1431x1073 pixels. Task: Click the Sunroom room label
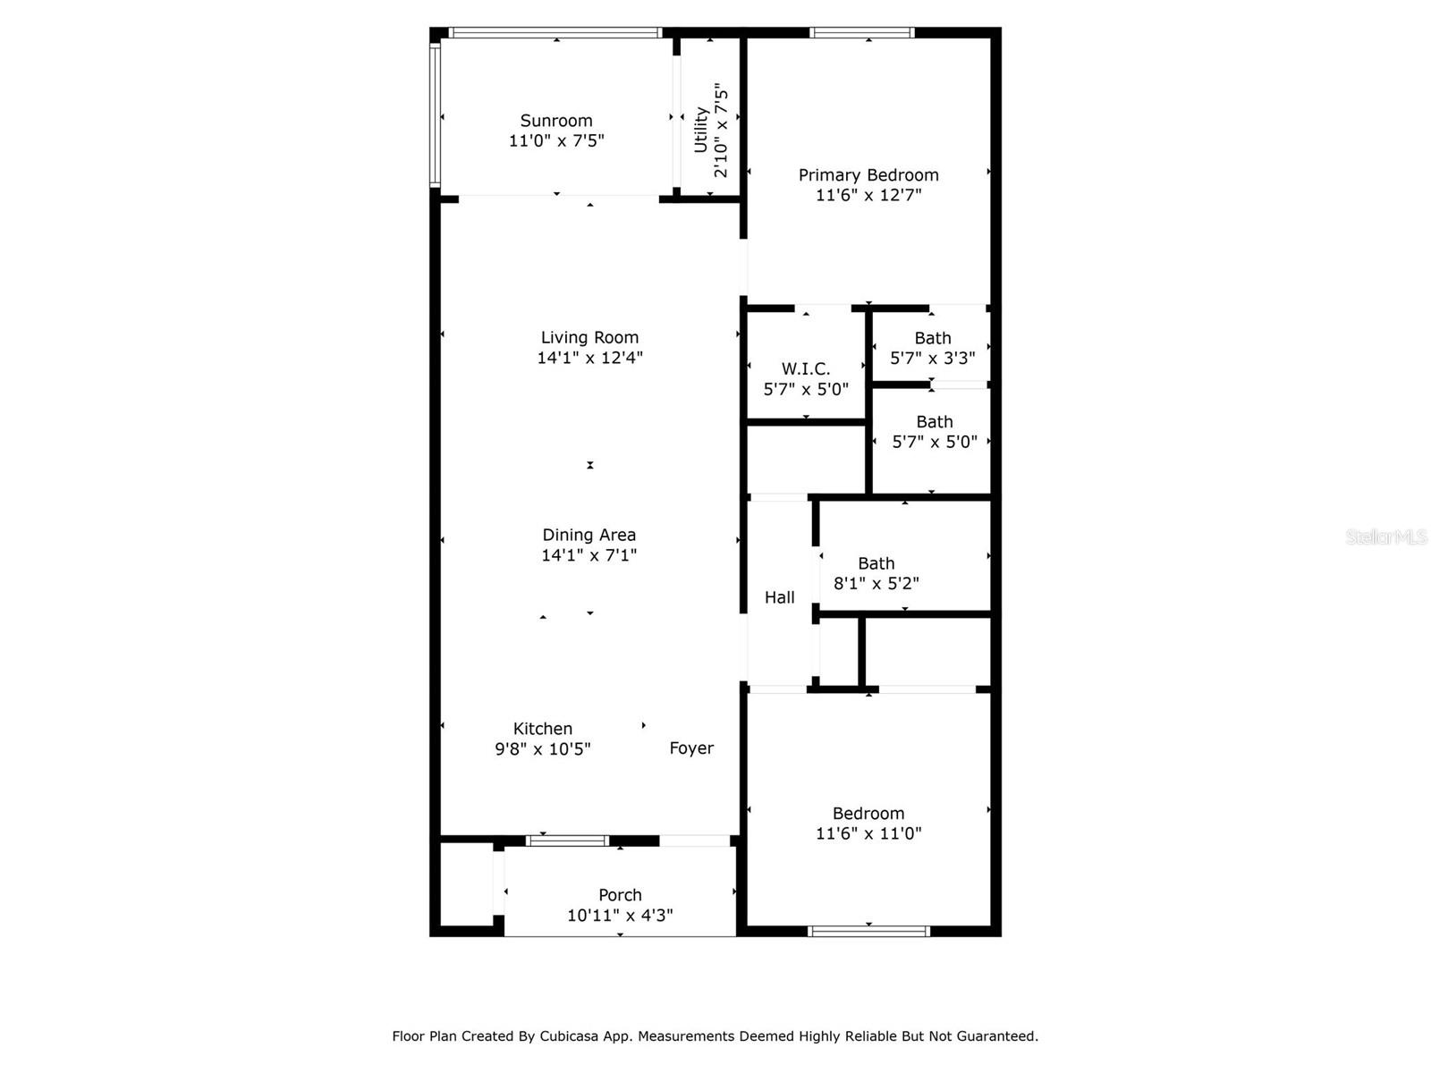[x=556, y=121]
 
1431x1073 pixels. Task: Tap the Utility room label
[x=701, y=130]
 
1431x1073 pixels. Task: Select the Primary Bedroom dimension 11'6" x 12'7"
[x=868, y=195]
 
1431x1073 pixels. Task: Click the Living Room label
[x=589, y=337]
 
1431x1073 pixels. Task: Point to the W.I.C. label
[x=806, y=368]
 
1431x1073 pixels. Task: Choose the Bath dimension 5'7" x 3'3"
[x=932, y=358]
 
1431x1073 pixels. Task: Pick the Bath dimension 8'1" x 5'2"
[x=876, y=583]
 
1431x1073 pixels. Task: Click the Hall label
[x=779, y=597]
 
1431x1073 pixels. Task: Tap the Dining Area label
[x=588, y=535]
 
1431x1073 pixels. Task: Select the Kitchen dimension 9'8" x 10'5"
[x=543, y=748]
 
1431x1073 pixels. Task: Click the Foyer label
[x=691, y=748]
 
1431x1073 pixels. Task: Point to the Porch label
[x=620, y=895]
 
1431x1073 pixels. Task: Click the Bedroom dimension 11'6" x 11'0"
[x=868, y=833]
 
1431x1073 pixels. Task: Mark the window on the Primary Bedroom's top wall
[x=861, y=33]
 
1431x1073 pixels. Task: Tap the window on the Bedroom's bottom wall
[x=868, y=931]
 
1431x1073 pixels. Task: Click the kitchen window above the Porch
[x=567, y=841]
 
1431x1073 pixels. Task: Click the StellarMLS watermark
[x=1385, y=537]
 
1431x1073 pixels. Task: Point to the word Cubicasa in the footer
[x=573, y=1036]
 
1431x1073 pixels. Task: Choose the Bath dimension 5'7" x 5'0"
[x=934, y=442]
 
